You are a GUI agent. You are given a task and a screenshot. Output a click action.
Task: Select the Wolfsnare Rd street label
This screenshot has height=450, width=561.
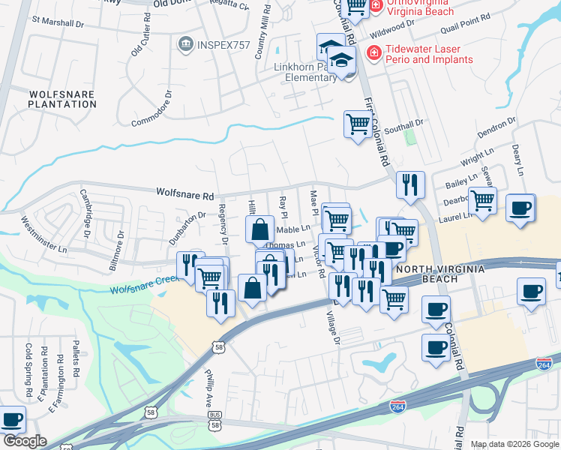tap(184, 194)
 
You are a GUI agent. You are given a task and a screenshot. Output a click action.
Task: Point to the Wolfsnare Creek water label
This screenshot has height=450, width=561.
tap(142, 284)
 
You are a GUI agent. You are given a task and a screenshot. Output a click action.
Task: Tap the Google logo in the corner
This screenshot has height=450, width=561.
tap(24, 442)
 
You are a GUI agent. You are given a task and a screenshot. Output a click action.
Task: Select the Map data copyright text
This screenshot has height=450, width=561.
tap(514, 444)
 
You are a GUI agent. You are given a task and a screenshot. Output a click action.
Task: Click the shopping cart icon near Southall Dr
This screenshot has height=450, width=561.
tap(358, 123)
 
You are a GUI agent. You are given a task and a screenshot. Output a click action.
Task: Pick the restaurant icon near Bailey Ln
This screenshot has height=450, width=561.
tap(410, 183)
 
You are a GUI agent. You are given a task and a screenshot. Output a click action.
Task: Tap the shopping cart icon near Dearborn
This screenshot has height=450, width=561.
tap(482, 199)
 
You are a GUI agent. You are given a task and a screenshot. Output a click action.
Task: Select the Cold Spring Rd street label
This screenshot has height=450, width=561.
tap(28, 370)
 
